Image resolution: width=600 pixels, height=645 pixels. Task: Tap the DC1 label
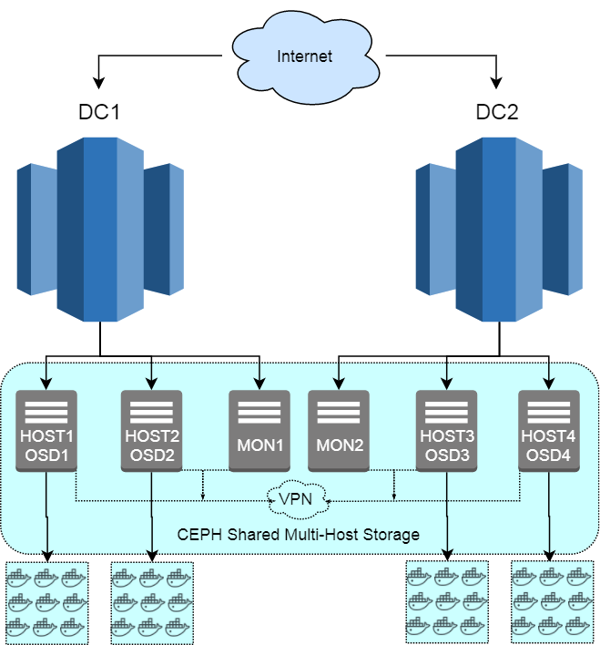click(x=99, y=113)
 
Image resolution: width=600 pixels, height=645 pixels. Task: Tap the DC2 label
click(x=497, y=113)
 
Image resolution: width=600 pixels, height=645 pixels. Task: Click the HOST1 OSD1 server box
click(x=46, y=431)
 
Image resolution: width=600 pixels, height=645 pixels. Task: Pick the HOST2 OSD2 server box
click(x=152, y=431)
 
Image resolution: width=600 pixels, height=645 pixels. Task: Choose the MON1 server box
click(x=259, y=431)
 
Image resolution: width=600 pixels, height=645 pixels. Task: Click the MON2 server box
click(x=339, y=431)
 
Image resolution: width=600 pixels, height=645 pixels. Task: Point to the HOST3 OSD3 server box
click(x=447, y=431)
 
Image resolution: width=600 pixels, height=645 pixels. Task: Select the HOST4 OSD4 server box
click(x=549, y=431)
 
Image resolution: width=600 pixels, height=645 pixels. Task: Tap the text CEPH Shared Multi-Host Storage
click(x=298, y=534)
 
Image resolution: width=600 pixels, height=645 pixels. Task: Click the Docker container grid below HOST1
click(x=46, y=603)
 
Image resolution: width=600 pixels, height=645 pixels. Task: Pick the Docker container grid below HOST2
click(x=152, y=603)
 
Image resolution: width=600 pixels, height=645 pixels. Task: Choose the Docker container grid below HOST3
click(x=447, y=601)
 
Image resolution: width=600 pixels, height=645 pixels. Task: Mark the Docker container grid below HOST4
click(x=552, y=601)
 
